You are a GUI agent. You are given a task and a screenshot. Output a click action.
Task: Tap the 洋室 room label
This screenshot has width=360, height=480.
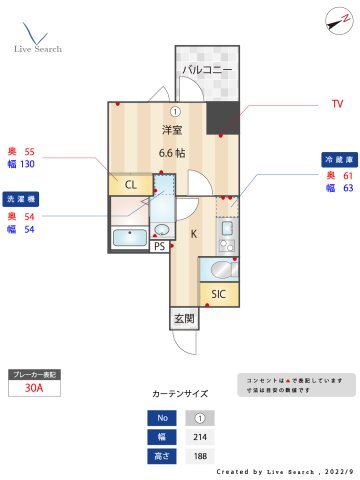tap(172, 131)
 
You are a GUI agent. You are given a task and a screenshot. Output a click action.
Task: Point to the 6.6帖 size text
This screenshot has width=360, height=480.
tap(172, 153)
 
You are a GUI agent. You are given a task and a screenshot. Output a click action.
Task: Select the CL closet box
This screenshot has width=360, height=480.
tap(130, 185)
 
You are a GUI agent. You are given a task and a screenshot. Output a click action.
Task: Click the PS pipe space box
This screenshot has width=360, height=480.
tap(159, 246)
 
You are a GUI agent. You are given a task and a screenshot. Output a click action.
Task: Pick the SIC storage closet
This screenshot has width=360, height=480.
tap(218, 294)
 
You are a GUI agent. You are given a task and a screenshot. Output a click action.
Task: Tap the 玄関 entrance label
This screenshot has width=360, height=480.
tap(184, 319)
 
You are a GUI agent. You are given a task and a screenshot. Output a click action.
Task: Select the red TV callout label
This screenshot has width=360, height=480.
tap(337, 104)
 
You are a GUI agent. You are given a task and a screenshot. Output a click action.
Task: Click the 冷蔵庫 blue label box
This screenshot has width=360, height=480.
tap(339, 160)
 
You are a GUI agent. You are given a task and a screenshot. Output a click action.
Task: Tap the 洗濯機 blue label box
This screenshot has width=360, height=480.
tap(20, 199)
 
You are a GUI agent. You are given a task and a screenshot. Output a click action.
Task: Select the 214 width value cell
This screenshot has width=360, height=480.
tap(200, 437)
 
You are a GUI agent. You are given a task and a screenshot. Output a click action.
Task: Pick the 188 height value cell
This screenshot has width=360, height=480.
tap(200, 456)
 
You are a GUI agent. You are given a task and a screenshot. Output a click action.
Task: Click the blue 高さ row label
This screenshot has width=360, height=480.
tap(158, 456)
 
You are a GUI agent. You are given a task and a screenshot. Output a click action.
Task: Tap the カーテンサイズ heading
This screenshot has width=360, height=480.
tap(180, 395)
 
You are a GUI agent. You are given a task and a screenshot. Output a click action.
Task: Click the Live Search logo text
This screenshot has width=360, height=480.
tap(38, 48)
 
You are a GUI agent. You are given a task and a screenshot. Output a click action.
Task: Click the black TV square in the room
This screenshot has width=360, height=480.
tap(225, 119)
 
